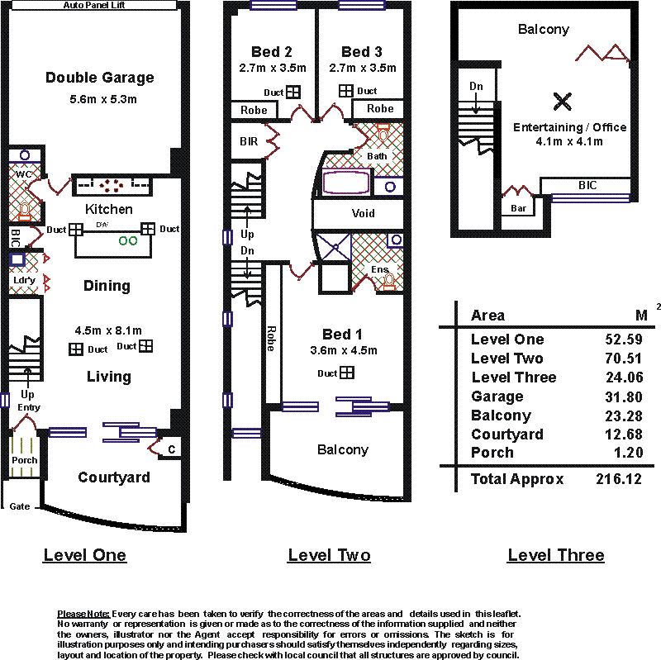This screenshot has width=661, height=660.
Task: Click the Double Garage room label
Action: click(100, 78)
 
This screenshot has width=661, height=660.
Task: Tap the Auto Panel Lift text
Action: click(94, 5)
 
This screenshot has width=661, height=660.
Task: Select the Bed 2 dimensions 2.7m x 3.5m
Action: click(273, 68)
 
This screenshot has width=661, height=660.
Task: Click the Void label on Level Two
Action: click(363, 213)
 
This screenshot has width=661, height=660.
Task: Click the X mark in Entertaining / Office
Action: click(563, 102)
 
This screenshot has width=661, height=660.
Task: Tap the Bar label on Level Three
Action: click(518, 208)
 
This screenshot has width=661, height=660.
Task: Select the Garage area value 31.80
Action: click(624, 397)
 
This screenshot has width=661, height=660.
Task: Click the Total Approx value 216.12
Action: click(619, 479)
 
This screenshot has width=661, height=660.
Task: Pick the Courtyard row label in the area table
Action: click(507, 434)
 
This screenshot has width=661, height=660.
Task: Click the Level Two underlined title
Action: click(329, 555)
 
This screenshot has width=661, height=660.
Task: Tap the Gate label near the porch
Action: click(19, 506)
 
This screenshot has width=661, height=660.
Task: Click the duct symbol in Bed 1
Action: click(347, 373)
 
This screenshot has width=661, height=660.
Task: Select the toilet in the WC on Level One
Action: click(25, 211)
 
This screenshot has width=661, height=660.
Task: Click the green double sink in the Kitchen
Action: click(128, 240)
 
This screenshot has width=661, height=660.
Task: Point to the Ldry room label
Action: click(24, 281)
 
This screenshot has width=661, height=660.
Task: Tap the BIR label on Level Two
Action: click(249, 141)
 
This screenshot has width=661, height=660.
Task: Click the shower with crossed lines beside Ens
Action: click(334, 250)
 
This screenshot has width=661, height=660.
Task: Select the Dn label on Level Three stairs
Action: click(476, 87)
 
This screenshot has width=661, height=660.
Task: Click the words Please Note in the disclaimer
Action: click(83, 614)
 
